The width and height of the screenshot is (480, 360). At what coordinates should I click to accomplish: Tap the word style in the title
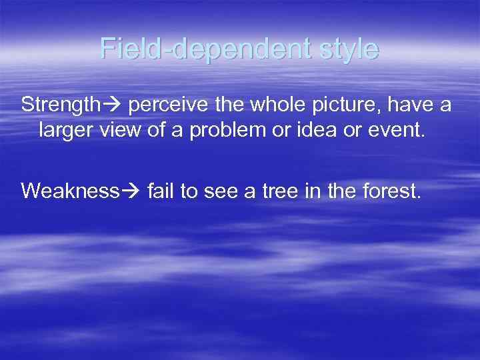343,49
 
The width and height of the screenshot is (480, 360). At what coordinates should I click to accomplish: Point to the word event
398,130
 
